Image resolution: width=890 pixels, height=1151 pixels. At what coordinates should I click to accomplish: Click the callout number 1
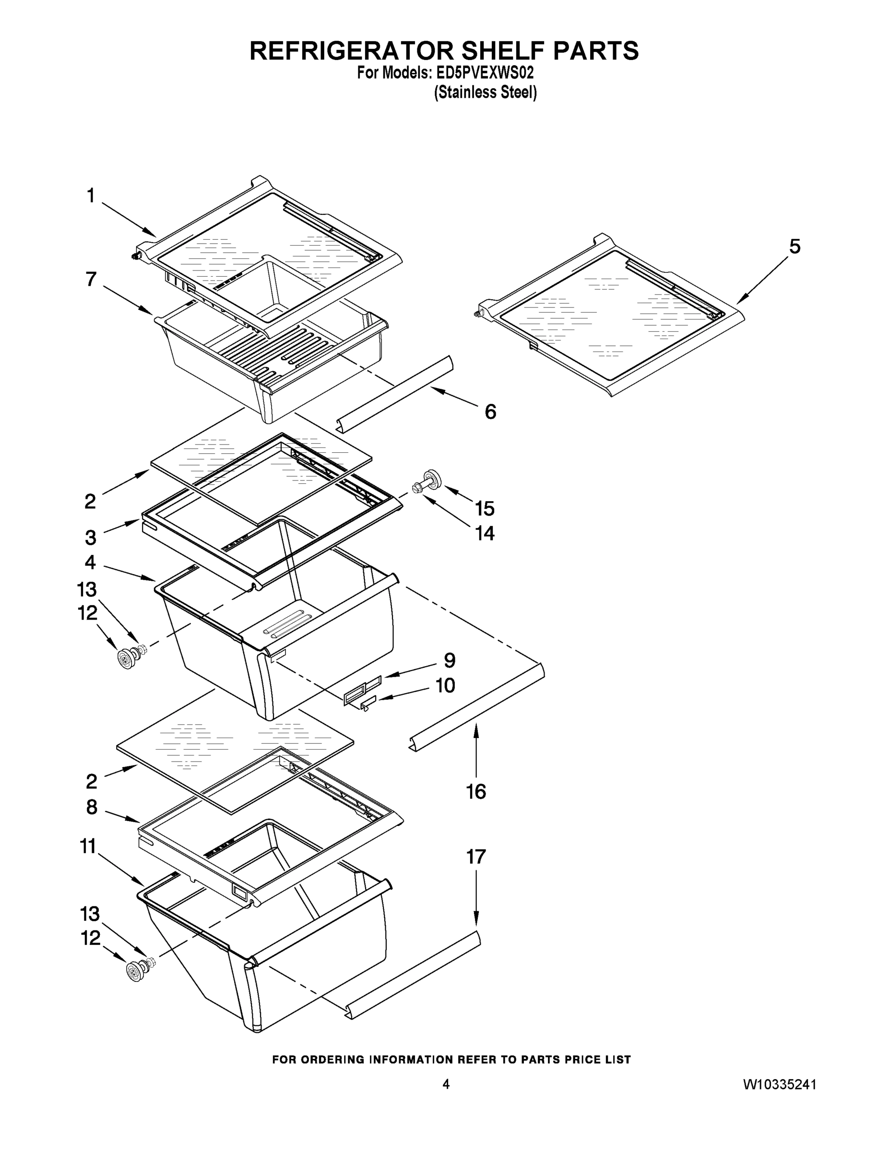point(91,196)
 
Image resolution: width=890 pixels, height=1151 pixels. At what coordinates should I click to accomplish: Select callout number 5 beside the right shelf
point(795,246)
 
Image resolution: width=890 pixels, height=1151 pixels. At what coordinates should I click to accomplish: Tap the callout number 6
point(490,411)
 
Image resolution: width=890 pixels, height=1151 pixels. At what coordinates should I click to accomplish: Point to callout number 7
point(91,279)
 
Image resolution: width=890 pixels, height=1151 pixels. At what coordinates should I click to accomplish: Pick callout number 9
point(449,660)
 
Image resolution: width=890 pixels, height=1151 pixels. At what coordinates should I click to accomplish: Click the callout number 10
point(445,685)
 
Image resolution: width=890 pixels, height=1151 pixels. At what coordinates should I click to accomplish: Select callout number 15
point(485,508)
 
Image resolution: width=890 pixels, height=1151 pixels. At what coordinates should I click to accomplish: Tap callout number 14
point(485,533)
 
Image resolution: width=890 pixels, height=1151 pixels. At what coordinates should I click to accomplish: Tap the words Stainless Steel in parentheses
point(485,93)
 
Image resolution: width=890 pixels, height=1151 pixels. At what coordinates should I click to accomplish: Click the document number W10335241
point(780,1084)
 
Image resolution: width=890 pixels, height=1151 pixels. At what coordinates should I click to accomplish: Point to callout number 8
point(92,807)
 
